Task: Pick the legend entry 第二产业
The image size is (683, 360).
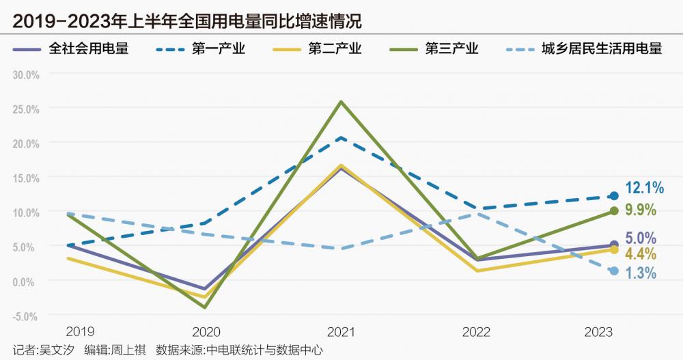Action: tap(335, 49)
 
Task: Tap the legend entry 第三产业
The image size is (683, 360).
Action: tap(451, 49)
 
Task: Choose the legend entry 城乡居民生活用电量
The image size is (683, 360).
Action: tap(601, 49)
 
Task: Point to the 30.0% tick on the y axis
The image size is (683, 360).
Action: tap(27, 74)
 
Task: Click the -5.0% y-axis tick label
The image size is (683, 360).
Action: tap(27, 316)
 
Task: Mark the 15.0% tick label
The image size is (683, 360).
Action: tap(27, 178)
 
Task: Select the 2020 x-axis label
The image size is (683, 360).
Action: tap(206, 333)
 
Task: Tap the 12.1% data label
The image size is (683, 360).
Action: tap(644, 187)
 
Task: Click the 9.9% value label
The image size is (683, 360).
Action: tap(641, 210)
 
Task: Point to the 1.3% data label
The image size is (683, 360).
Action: tap(641, 273)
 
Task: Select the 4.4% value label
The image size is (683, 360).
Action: tap(641, 255)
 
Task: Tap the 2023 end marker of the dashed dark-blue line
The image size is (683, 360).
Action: tap(613, 197)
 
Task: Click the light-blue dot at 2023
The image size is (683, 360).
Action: tap(613, 271)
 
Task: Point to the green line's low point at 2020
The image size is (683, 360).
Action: tap(205, 307)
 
